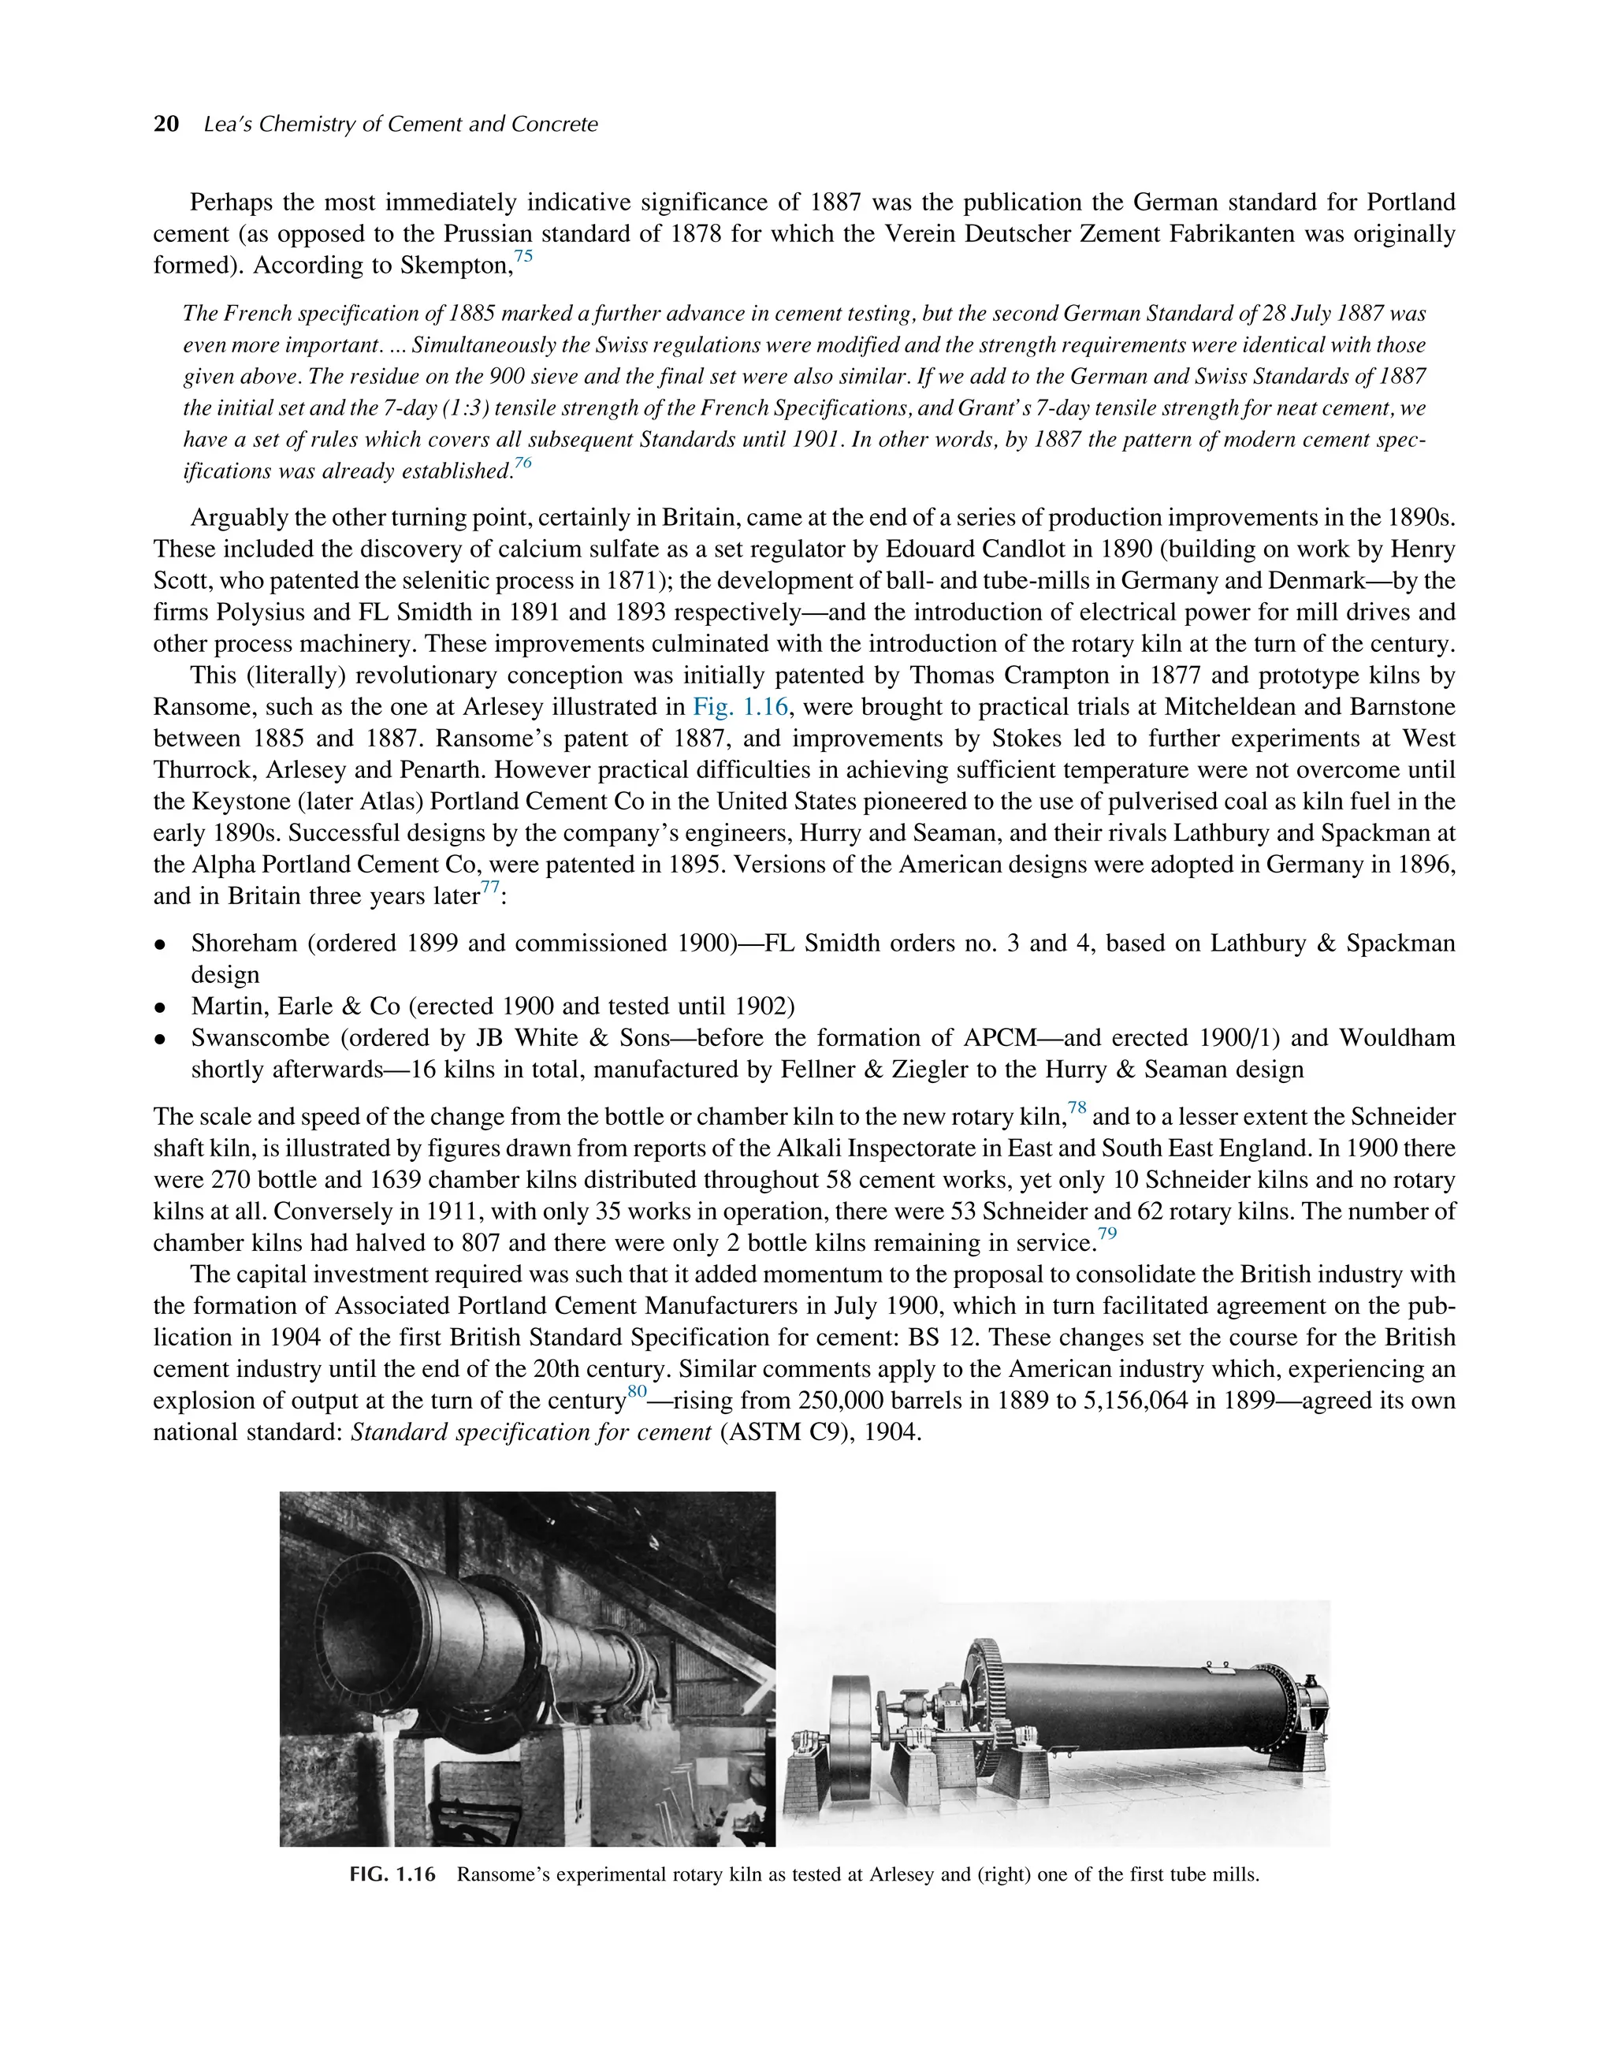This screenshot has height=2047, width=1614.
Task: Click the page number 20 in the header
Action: click(x=166, y=125)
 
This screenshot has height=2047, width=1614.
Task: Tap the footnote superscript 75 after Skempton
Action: click(x=523, y=257)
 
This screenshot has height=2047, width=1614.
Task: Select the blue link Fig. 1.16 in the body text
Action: click(x=740, y=707)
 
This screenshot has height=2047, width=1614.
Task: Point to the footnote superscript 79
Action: click(x=1106, y=1234)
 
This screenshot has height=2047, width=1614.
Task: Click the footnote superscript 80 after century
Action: click(x=637, y=1392)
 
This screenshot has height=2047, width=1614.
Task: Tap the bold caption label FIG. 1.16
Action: click(x=392, y=1875)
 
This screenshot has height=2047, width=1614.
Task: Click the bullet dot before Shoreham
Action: click(x=161, y=944)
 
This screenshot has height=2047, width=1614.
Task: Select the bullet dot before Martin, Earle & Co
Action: click(x=161, y=1007)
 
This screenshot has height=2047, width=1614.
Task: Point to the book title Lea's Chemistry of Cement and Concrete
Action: click(x=400, y=125)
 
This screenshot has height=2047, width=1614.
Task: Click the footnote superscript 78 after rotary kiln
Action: click(x=1077, y=1108)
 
